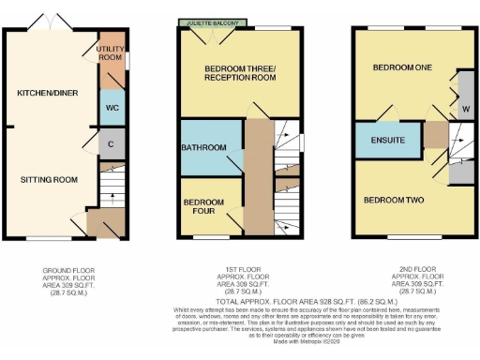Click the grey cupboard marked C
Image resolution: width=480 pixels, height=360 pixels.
111,144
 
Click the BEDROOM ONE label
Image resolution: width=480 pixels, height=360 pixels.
398,68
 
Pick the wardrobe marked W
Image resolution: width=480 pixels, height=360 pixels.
465,109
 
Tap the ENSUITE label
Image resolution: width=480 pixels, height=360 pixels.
386,141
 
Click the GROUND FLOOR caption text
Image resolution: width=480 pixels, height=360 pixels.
67,271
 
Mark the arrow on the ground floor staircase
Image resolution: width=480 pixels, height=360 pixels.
113,199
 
